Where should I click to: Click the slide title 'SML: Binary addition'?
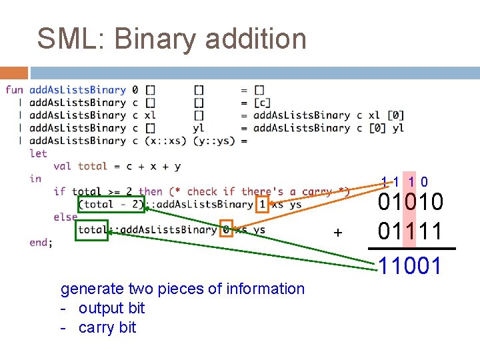171,38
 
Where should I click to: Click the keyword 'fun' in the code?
14,90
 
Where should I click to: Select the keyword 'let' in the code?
38,153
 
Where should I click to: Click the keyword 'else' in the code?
65,217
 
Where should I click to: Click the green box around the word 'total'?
91,230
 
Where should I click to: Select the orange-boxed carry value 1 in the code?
262,205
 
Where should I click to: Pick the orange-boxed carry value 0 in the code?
226,230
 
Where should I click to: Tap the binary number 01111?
410,231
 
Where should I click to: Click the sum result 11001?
410,266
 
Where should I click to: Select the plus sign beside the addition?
338,233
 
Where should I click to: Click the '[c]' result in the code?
262,103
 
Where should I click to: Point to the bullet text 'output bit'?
111,308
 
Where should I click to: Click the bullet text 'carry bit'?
107,327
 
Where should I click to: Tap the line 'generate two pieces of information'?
182,289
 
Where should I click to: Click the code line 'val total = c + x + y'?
117,166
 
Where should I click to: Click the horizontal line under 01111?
412,249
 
